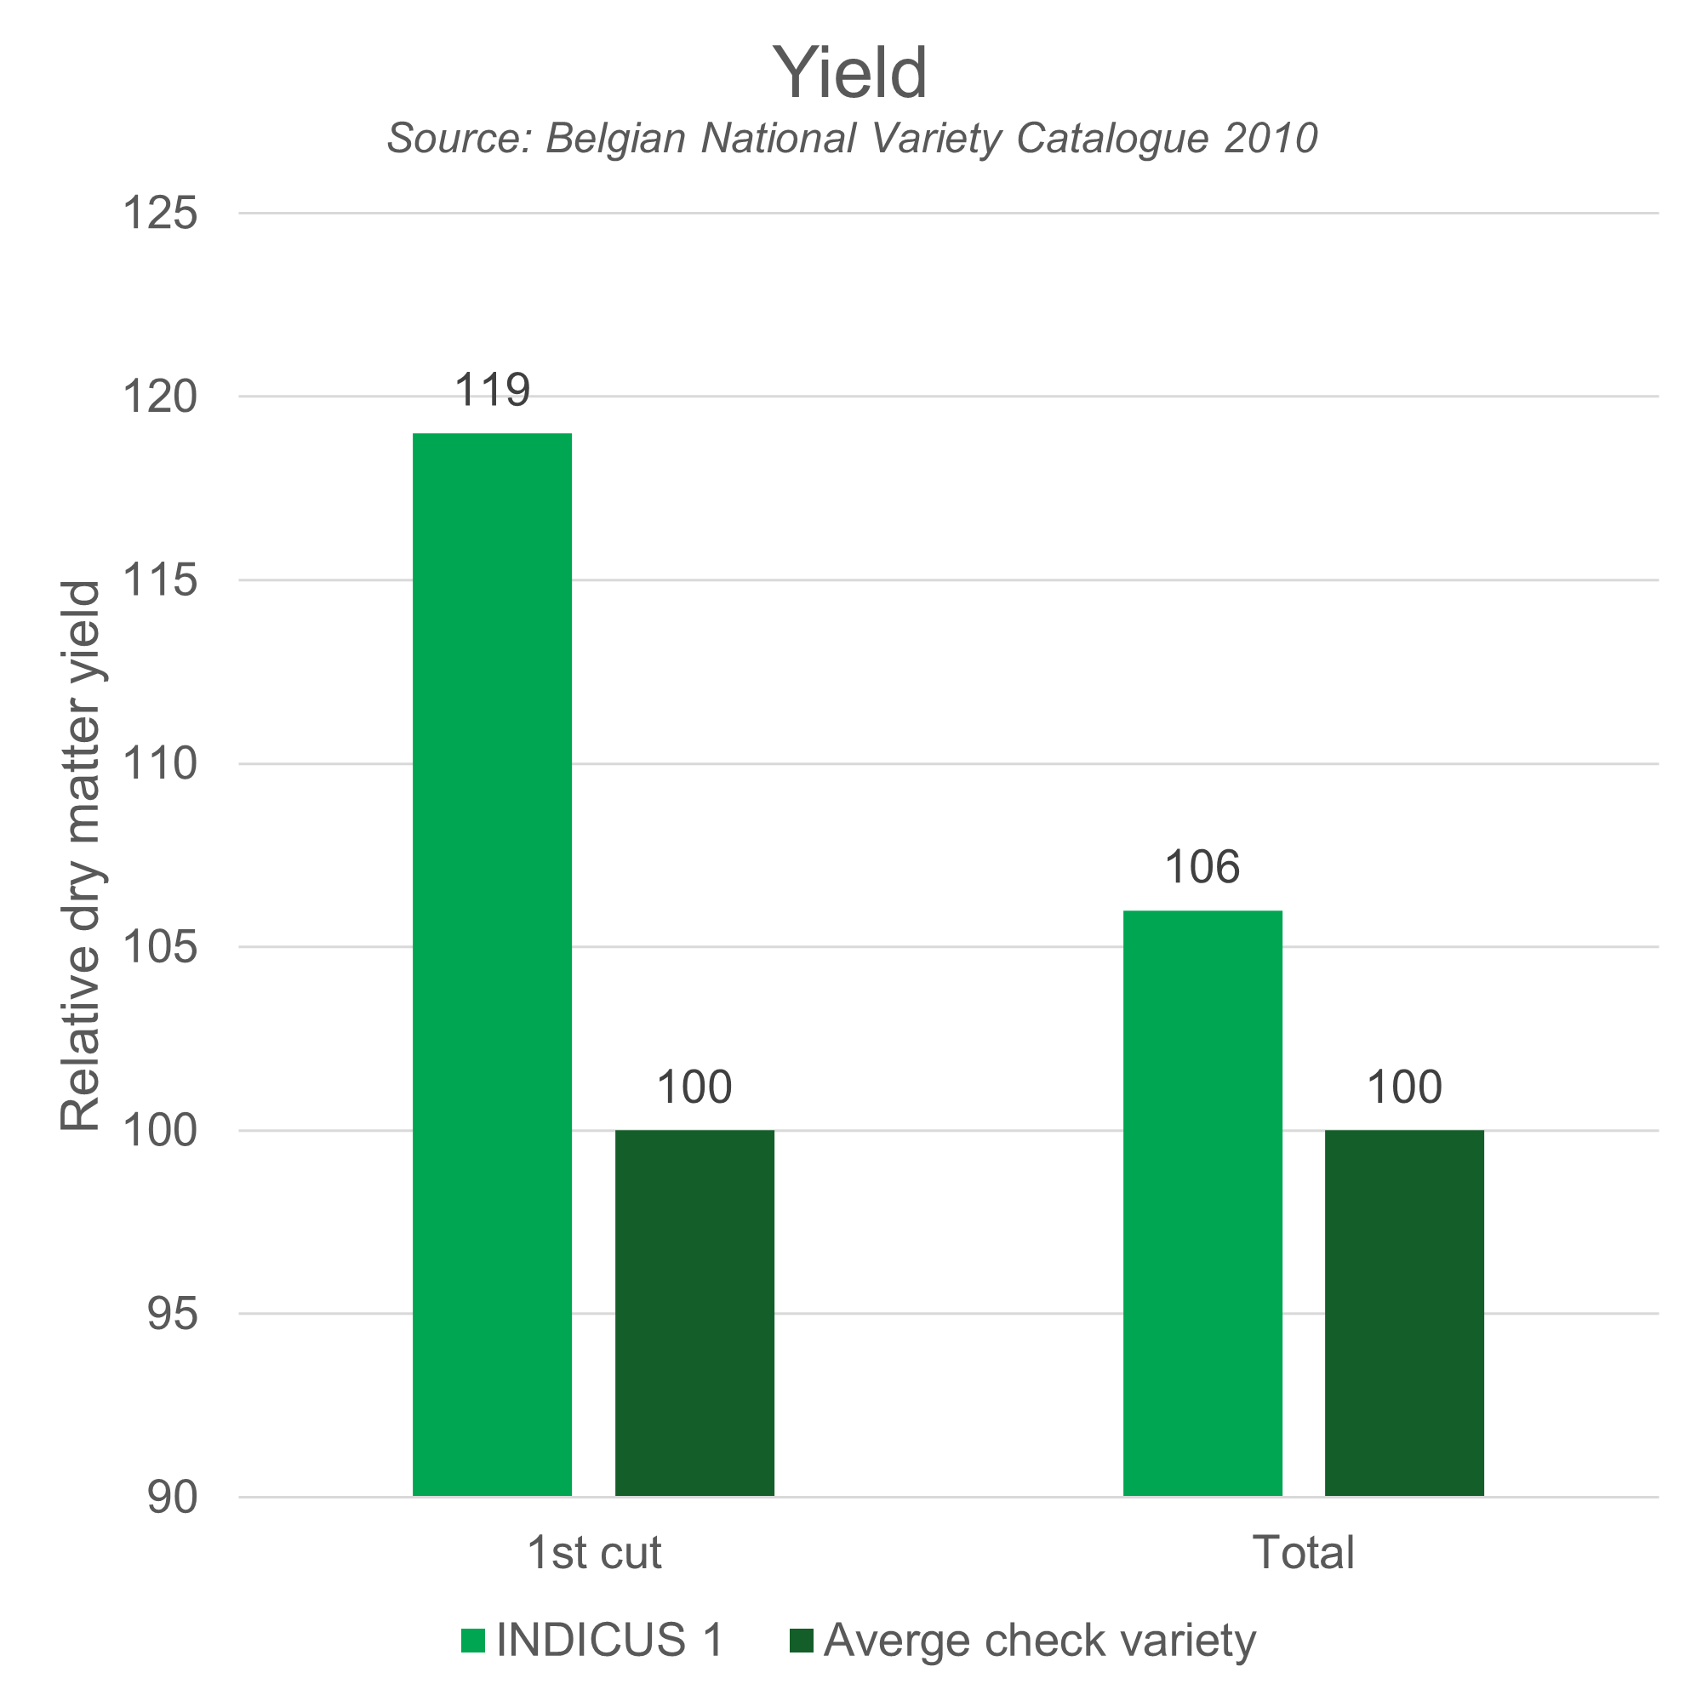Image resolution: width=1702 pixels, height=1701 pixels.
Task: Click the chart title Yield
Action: pyautogui.click(x=850, y=73)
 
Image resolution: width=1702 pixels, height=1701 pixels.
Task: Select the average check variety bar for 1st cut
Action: pyautogui.click(x=694, y=1312)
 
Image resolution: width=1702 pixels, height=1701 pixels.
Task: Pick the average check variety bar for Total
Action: pyautogui.click(x=1404, y=1312)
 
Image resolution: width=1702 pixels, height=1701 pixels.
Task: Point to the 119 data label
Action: pyautogui.click(x=493, y=391)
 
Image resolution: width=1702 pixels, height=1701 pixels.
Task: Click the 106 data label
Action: pyautogui.click(x=1202, y=868)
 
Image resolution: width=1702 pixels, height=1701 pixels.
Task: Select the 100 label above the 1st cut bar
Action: pyautogui.click(x=694, y=1087)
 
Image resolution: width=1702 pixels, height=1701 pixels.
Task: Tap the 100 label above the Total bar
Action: pyautogui.click(x=1404, y=1087)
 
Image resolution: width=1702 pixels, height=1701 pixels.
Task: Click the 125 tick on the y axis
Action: pyautogui.click(x=160, y=214)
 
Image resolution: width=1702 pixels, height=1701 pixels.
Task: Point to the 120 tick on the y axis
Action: pyautogui.click(x=160, y=397)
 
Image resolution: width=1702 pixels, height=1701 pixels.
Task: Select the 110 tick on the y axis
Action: pyautogui.click(x=160, y=764)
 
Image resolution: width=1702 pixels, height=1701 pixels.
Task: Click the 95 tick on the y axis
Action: pyautogui.click(x=172, y=1315)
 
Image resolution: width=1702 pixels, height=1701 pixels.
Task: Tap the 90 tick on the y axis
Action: pyautogui.click(x=172, y=1498)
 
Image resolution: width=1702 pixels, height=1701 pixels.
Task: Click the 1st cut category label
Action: pyautogui.click(x=594, y=1576)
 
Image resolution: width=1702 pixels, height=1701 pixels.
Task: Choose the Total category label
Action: pyautogui.click(x=1303, y=1576)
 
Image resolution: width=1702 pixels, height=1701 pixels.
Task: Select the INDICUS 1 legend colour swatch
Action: pyautogui.click(x=473, y=1641)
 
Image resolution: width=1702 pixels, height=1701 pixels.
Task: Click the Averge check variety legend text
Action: pyautogui.click(x=1040, y=1641)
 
